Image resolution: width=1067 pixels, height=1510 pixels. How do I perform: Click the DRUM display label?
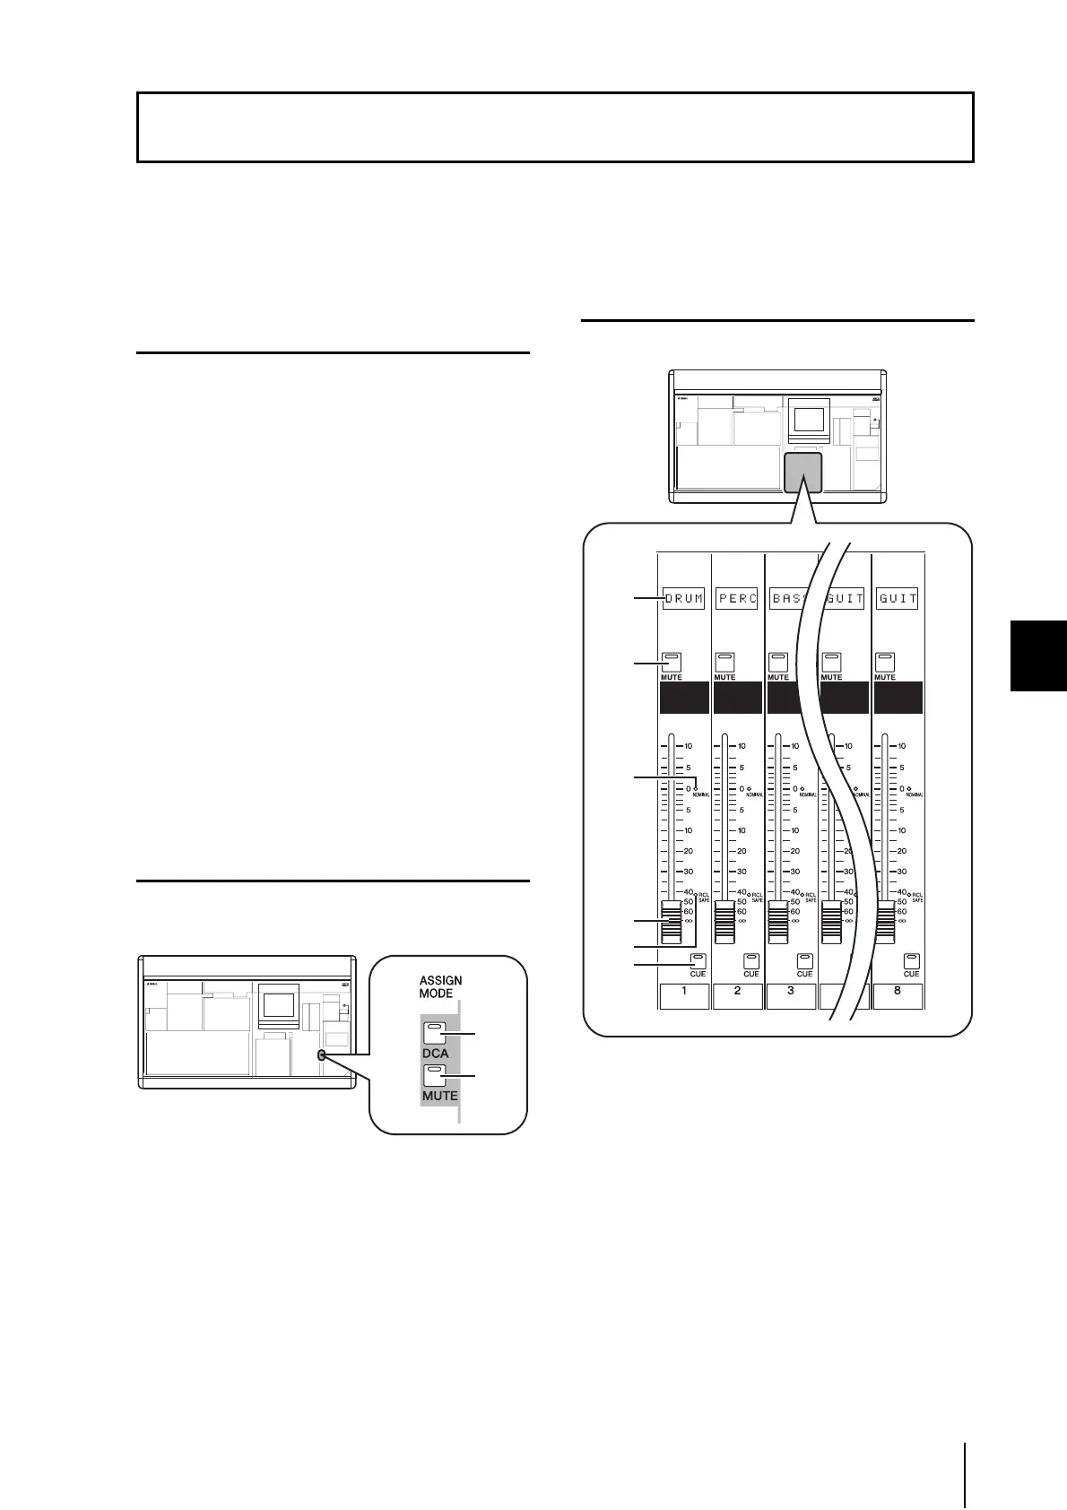tap(684, 598)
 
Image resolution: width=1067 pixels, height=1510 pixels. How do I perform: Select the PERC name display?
tap(737, 598)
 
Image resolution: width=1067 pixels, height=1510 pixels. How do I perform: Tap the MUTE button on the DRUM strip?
tap(671, 662)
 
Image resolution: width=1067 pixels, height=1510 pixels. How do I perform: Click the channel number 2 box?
tap(737, 994)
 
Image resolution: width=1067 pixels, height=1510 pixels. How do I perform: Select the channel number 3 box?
tap(791, 994)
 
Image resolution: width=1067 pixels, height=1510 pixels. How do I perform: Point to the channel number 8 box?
tap(898, 994)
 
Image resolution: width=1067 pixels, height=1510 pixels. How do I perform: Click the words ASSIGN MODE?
tap(440, 986)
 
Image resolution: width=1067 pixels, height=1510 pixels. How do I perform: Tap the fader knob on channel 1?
tap(671, 923)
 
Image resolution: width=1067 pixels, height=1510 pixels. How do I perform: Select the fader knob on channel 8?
tap(885, 923)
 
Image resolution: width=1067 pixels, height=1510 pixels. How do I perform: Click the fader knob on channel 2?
tap(724, 923)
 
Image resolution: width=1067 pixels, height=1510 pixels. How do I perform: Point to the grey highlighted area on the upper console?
tap(802, 472)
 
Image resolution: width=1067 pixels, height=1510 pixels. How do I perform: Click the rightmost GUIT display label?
tap(898, 598)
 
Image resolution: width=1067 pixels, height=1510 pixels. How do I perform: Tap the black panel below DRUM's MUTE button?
tap(684, 698)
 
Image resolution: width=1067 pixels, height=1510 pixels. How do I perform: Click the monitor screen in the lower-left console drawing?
tap(278, 1007)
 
